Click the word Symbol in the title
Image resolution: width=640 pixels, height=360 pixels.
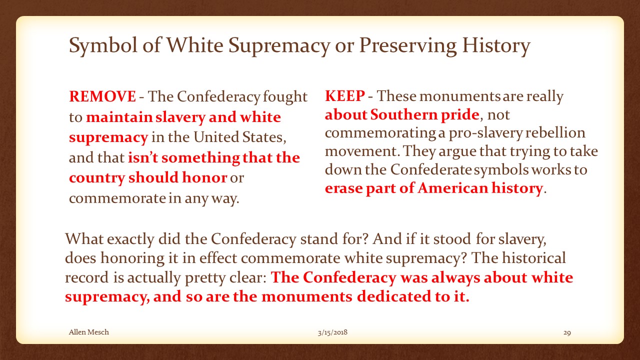pos(103,45)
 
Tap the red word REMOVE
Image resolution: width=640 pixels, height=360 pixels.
pos(102,96)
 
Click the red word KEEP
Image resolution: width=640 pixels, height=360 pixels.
pos(345,95)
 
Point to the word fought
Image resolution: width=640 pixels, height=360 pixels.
pos(285,96)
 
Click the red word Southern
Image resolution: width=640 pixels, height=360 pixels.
pos(403,114)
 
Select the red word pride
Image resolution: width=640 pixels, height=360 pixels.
pos(459,115)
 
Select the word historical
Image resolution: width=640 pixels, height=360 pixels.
pos(533,257)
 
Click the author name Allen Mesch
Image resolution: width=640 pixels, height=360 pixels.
pos(89,332)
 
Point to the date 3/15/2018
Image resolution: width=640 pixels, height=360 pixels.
pos(332,332)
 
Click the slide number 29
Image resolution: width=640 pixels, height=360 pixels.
pos(567,332)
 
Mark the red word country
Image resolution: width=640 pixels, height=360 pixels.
pos(97,178)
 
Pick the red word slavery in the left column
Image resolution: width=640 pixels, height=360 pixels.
pos(180,117)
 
